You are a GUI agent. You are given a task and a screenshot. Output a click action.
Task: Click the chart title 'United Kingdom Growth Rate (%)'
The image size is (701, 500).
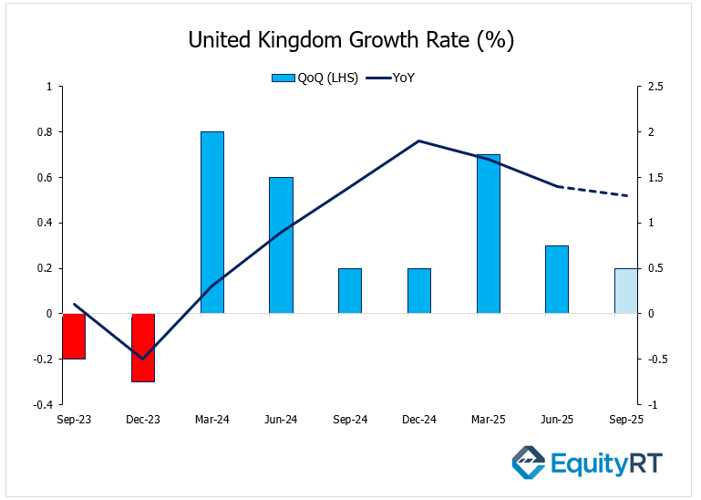(350, 40)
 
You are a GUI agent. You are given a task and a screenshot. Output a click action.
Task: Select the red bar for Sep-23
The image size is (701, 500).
(74, 336)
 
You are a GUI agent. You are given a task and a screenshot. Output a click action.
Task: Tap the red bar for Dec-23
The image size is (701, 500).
(143, 347)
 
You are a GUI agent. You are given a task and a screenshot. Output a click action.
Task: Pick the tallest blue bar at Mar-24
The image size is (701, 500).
(212, 223)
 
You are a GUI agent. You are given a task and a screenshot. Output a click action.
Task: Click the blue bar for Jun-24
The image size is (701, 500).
(281, 245)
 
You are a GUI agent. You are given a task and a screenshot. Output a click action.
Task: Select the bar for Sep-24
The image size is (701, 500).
(350, 291)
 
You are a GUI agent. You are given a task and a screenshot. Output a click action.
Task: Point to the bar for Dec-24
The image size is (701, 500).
(419, 291)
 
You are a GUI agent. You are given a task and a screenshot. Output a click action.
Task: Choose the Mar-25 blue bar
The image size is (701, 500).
(489, 234)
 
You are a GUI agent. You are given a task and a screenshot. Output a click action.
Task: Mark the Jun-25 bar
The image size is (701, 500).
(557, 279)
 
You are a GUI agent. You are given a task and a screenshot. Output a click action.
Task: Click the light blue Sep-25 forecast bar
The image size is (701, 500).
(625, 291)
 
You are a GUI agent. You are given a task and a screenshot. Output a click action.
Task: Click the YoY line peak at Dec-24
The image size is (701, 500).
(419, 141)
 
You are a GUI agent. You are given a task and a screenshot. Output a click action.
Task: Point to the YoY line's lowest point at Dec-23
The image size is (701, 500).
(143, 359)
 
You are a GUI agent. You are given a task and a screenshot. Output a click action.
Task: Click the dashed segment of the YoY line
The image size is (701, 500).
(593, 191)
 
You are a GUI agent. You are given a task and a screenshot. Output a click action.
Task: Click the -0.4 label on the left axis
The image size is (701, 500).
(42, 404)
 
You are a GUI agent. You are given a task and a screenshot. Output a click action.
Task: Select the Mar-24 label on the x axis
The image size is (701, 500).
(212, 420)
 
